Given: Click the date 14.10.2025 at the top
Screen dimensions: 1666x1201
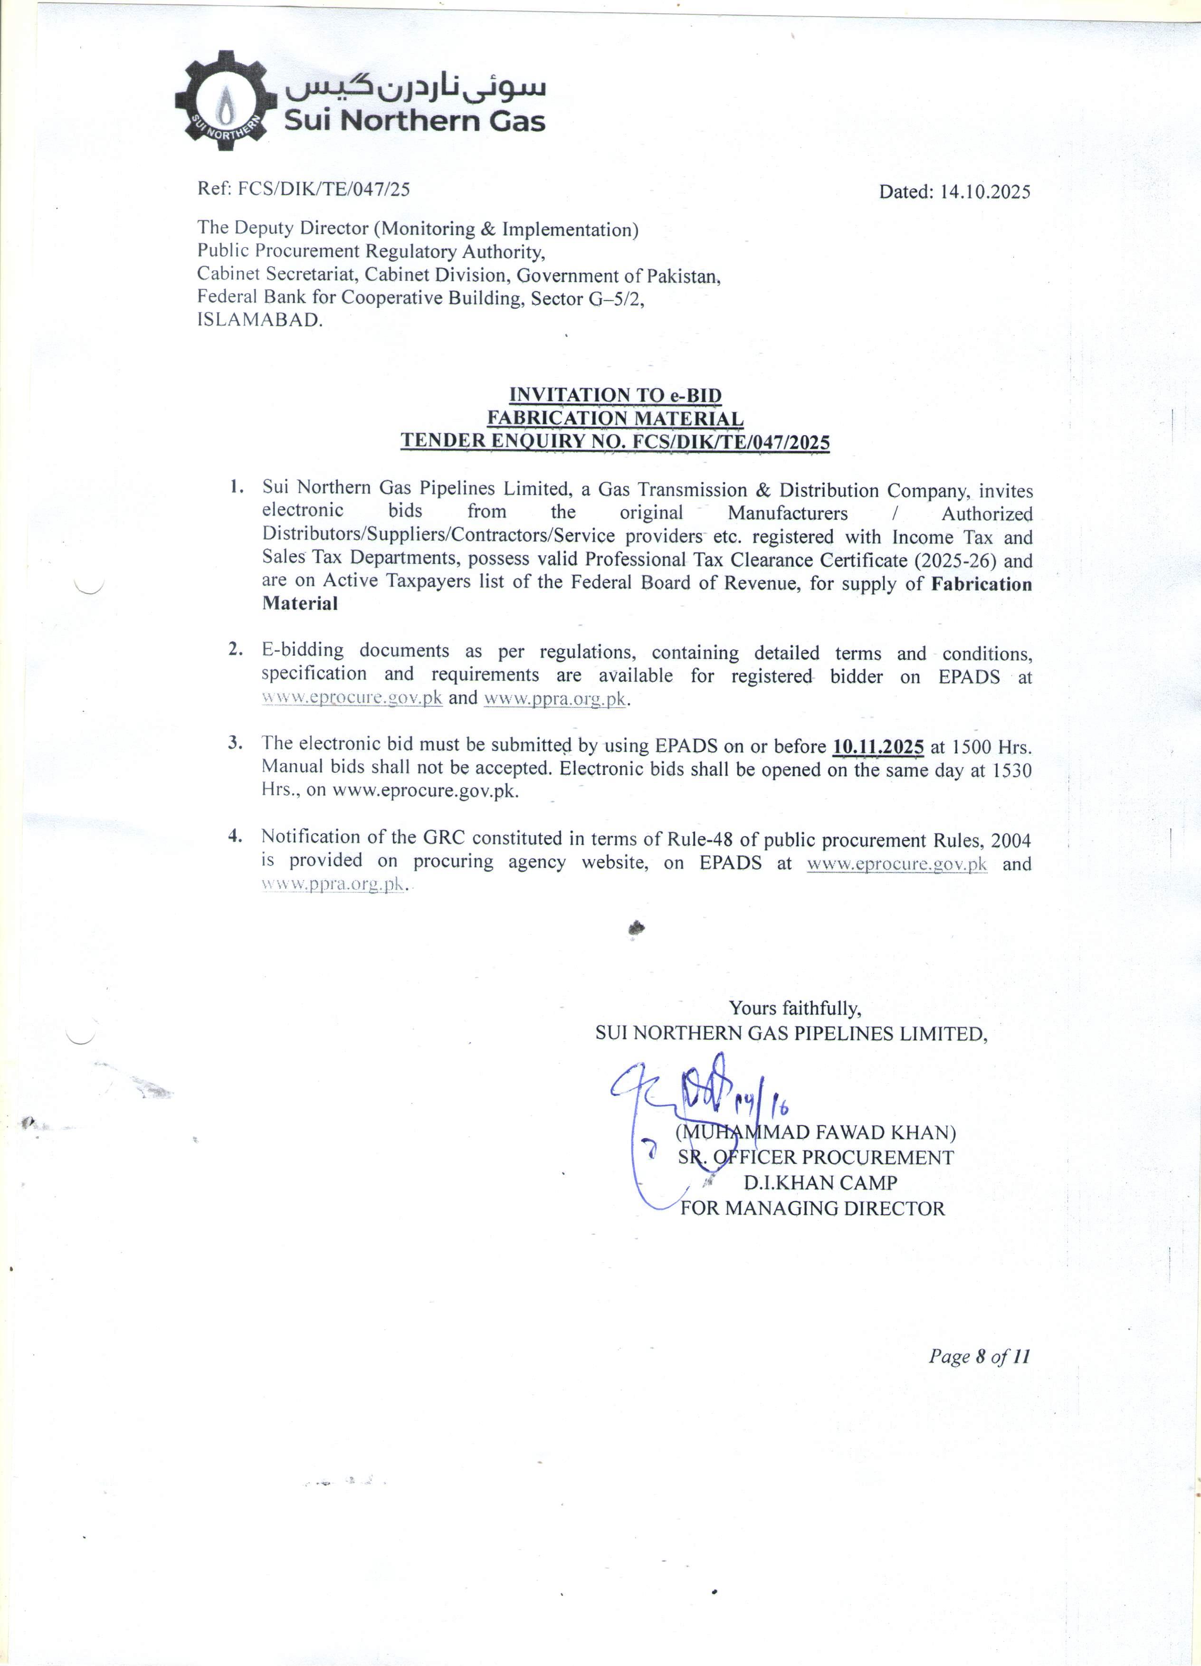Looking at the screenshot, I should pos(985,192).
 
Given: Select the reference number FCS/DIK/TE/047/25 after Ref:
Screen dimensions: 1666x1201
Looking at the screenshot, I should pos(324,190).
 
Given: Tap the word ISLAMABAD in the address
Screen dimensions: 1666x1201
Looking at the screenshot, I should pos(259,320).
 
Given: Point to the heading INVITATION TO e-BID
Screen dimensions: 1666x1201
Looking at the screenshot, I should pos(615,395).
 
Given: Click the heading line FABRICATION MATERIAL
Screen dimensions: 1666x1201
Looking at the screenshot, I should pos(615,418).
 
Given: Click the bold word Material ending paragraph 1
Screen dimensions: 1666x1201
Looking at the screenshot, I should pos(300,604).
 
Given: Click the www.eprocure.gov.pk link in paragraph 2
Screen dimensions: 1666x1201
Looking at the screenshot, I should pos(352,698).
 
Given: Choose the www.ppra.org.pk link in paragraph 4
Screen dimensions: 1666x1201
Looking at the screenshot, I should pos(333,885).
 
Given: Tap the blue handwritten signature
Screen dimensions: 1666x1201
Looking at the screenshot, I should pos(690,1102).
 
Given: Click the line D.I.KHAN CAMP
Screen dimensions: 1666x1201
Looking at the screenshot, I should pos(820,1183).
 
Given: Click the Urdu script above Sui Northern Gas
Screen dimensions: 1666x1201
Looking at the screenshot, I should pos(415,86).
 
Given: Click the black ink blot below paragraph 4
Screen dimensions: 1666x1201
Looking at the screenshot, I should pos(636,929).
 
